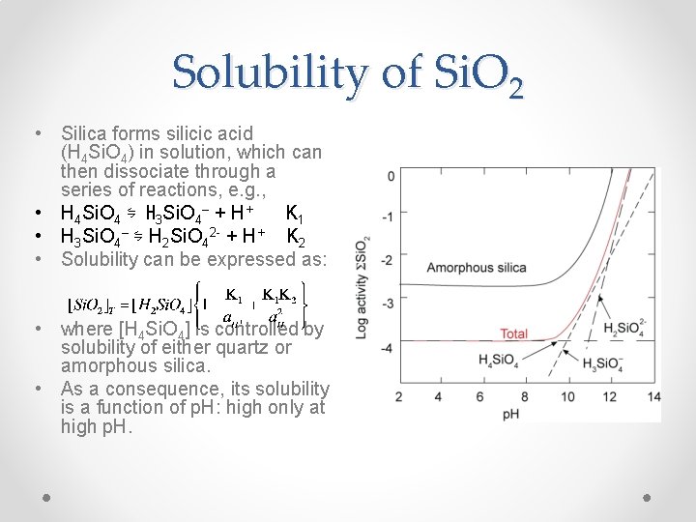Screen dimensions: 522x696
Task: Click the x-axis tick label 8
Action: [524, 396]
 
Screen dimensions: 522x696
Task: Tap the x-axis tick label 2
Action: [399, 396]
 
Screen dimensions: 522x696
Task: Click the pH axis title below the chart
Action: [513, 414]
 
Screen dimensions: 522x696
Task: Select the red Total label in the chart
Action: [513, 334]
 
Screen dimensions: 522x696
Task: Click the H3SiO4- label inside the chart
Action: [602, 362]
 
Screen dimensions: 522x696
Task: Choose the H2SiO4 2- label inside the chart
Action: [625, 330]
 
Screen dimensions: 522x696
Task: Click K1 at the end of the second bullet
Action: [296, 214]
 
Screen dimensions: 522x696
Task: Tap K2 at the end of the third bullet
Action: [297, 238]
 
